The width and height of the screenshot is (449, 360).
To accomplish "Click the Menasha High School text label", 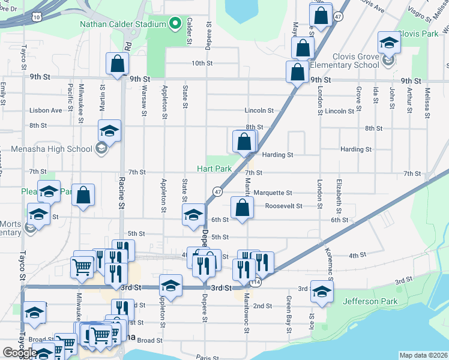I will tap(51, 149).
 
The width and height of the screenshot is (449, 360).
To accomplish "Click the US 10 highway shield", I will tap(37, 17).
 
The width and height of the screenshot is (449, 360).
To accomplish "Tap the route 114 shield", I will tap(256, 282).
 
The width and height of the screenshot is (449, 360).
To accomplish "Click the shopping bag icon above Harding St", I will tap(244, 142).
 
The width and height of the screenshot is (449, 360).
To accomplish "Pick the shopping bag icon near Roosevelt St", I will tap(242, 208).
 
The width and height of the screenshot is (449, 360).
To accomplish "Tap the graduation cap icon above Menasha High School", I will tap(110, 130).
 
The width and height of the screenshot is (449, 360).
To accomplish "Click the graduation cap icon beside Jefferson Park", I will tap(322, 291).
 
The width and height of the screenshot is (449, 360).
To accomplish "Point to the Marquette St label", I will tap(273, 193).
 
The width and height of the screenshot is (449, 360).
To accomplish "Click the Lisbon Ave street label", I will tap(46, 110).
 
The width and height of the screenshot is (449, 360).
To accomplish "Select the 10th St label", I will tap(202, 63).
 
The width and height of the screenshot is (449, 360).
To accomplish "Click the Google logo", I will tap(20, 353).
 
